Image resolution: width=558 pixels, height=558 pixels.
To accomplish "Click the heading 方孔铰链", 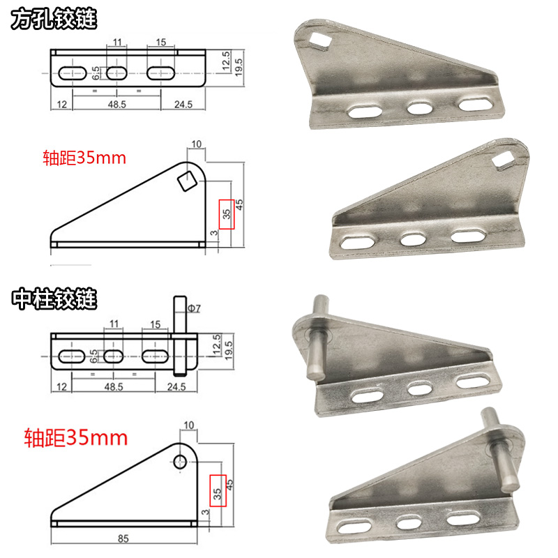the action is [x=54, y=19].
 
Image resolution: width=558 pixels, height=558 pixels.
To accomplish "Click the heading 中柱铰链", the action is [x=54, y=299].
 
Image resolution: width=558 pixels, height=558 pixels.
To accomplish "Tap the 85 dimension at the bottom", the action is [x=123, y=538].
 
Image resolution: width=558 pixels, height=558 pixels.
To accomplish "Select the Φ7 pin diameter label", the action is [x=194, y=308].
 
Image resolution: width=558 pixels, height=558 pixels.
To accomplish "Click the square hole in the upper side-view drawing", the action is [x=187, y=181].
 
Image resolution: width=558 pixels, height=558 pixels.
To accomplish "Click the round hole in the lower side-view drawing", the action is [x=180, y=462].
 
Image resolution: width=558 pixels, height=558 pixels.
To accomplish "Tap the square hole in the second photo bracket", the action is [x=503, y=158].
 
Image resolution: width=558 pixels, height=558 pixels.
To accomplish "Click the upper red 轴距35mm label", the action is [x=84, y=158].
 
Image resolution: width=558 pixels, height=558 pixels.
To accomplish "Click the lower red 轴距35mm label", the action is [x=76, y=438].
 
